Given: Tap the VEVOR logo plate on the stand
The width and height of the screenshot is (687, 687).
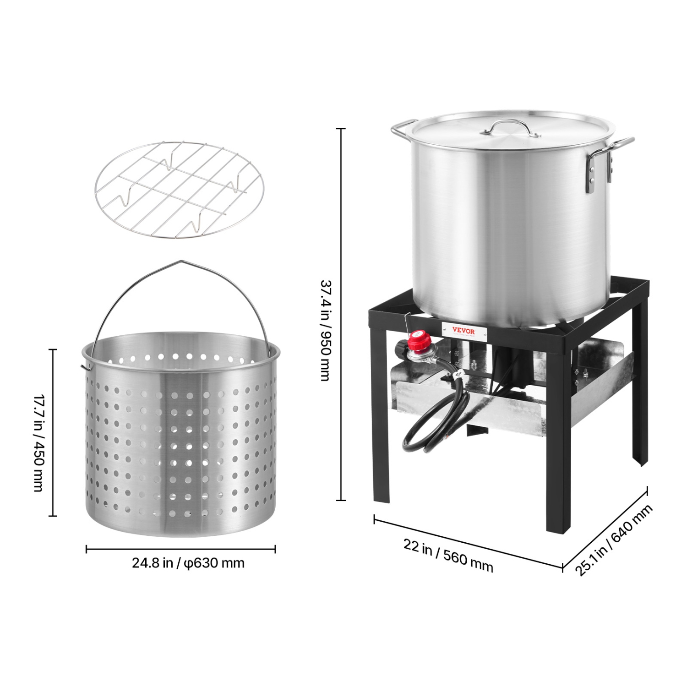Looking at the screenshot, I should (463, 331).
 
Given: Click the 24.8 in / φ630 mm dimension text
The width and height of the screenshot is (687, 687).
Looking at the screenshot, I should (188, 563).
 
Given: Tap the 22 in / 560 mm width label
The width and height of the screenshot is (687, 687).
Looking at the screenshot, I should (448, 555).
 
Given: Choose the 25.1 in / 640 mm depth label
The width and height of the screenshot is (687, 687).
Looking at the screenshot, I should (614, 540).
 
